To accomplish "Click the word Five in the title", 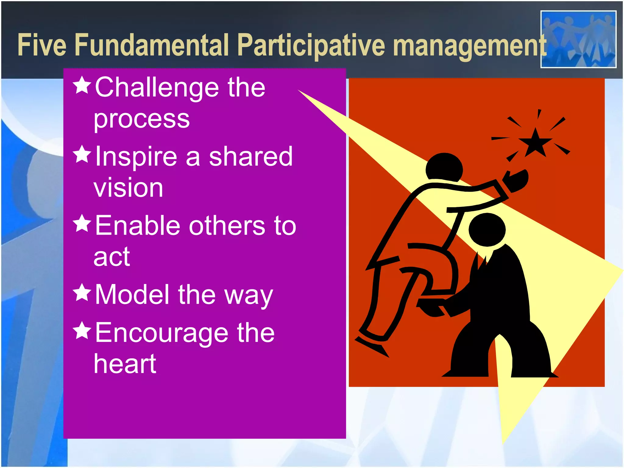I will click(42, 45).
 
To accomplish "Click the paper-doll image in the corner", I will click(578, 39).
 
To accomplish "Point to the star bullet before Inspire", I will click(82, 154).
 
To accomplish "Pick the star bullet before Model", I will click(82, 292).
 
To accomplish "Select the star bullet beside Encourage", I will click(82, 331).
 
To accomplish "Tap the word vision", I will click(128, 188).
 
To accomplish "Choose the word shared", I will click(250, 157).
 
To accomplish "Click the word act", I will click(112, 257).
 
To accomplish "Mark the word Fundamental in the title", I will click(151, 45).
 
